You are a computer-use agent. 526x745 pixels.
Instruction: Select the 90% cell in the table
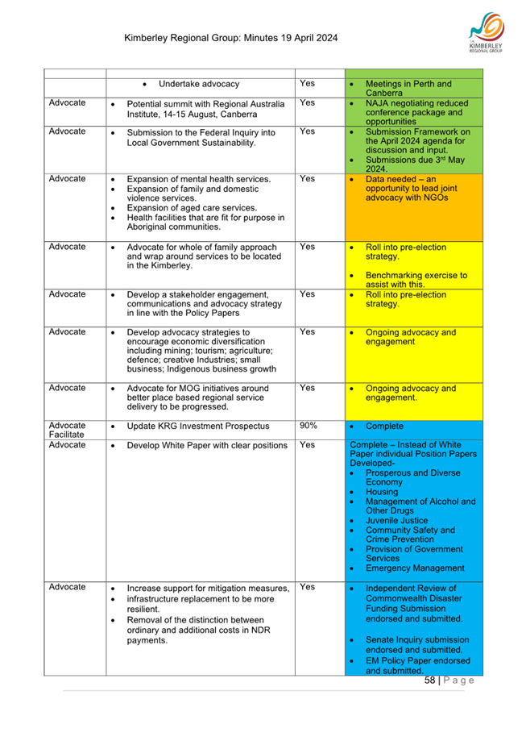308,426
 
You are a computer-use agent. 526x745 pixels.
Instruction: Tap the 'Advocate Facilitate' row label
68,431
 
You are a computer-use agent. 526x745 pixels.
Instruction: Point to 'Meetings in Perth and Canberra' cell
408,89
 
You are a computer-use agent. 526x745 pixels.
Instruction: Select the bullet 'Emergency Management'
415,568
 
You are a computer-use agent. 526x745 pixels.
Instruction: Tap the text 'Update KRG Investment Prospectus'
198,426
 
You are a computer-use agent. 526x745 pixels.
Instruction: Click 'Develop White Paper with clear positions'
207,445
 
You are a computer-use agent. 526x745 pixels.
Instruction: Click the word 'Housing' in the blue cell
382,491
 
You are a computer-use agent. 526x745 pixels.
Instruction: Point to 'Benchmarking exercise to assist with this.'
416,280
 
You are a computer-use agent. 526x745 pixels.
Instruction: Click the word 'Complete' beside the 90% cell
385,426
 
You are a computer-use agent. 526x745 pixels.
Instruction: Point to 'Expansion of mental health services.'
199,179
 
